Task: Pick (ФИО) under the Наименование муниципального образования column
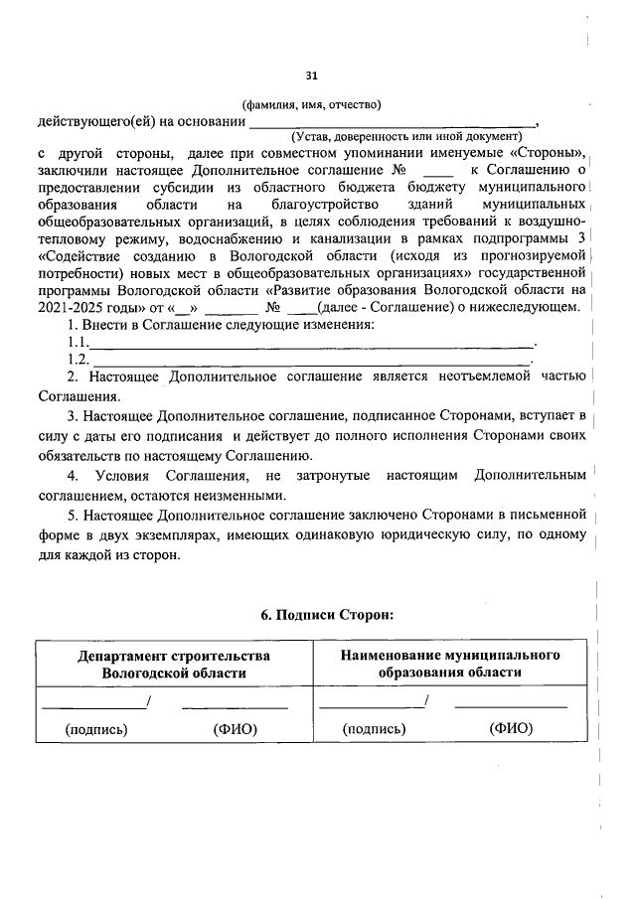pyautogui.click(x=511, y=729)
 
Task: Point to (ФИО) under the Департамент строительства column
pyautogui.click(x=236, y=729)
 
